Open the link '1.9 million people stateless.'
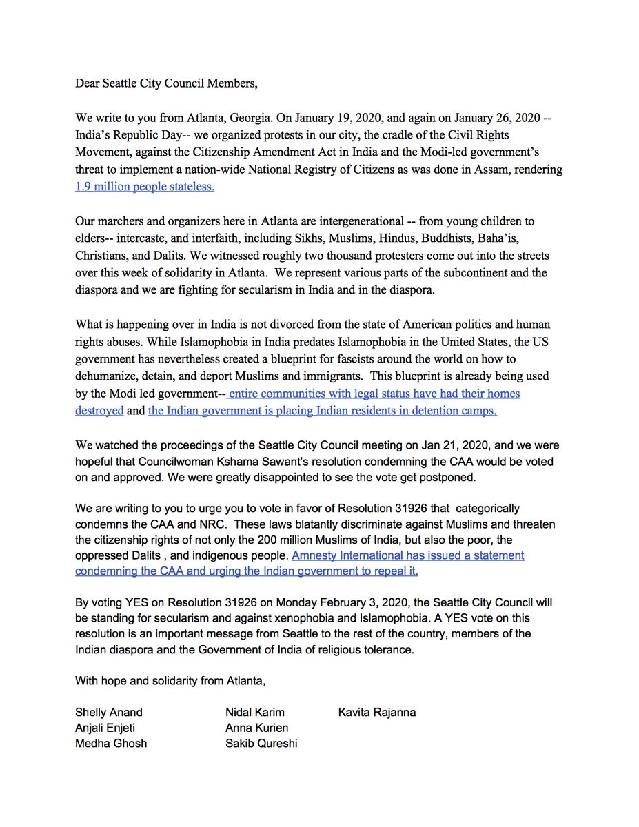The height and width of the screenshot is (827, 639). (145, 187)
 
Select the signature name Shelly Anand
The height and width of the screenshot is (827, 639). (109, 713)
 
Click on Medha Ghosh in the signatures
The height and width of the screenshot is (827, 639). (111, 743)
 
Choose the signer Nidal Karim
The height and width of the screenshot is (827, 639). (254, 713)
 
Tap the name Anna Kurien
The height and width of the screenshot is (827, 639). (256, 728)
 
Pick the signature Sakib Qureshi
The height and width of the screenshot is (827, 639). (261, 743)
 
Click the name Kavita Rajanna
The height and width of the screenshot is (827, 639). (377, 713)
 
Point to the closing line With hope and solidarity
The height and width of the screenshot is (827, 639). (170, 682)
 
